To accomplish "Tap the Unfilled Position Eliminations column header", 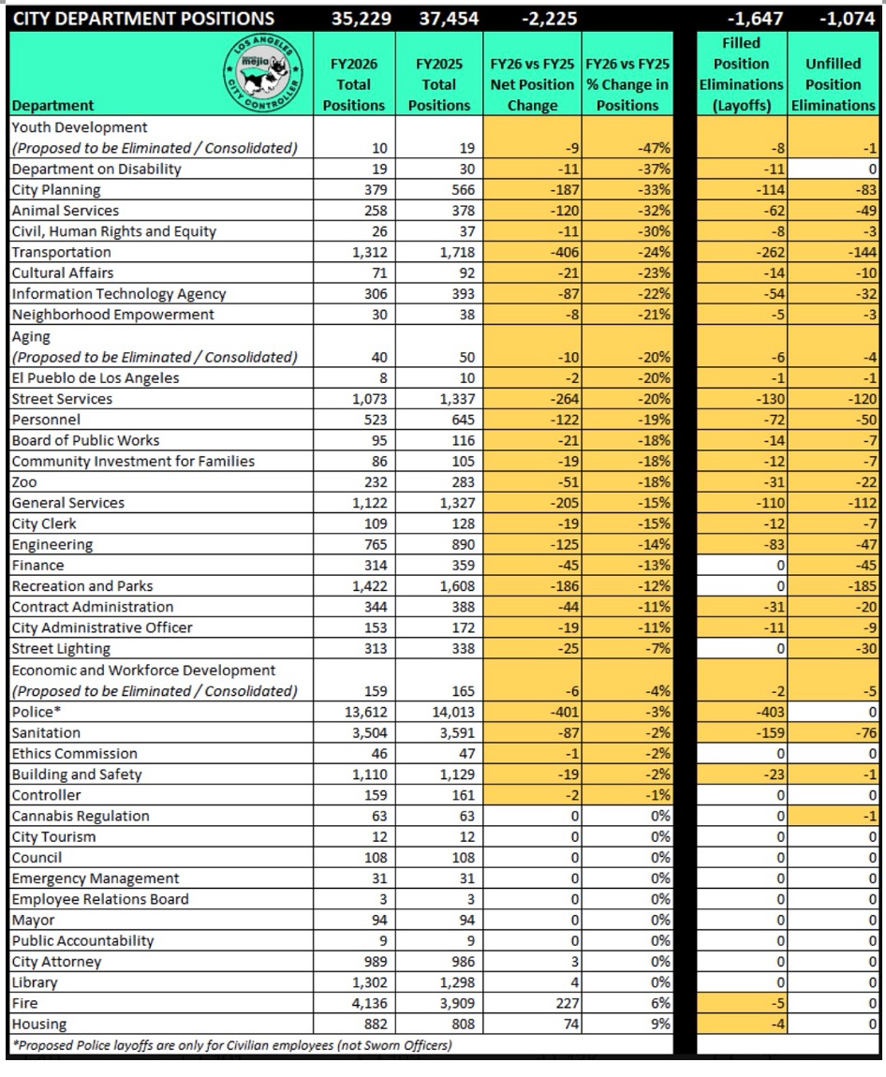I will point(833,84).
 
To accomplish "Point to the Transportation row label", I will point(61,252).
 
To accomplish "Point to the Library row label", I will point(35,982).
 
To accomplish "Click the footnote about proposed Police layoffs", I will point(229,1044).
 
